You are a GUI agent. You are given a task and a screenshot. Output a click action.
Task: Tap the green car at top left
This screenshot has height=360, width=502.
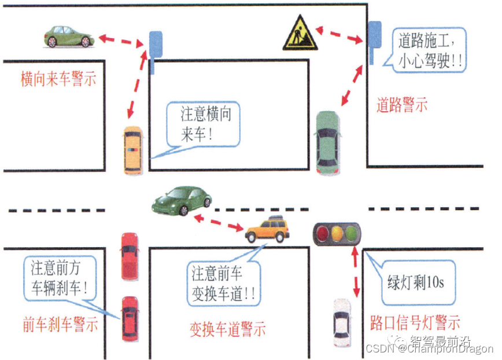tap(69, 36)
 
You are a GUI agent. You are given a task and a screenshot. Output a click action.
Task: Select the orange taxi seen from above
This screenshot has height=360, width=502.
tap(132, 150)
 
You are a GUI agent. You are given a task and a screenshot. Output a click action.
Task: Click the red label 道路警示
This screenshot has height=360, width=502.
tap(402, 105)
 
